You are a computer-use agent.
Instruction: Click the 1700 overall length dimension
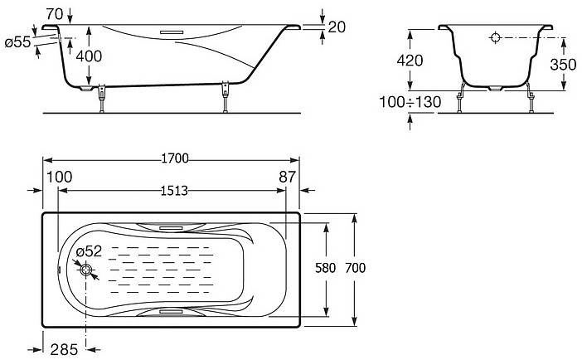pos(175,158)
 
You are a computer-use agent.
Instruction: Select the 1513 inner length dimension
pos(174,191)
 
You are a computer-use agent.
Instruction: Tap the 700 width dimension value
pos(355,268)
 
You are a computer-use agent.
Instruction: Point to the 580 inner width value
pos(326,268)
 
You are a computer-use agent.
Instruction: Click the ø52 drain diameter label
pos(89,251)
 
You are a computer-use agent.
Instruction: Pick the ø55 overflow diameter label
pos(17,42)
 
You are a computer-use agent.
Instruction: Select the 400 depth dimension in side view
pos(89,56)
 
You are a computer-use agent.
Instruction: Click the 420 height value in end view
pos(410,61)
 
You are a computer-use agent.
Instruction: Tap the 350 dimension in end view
pos(563,65)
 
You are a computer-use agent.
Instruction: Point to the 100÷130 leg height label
pos(410,101)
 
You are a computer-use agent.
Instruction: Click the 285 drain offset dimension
pos(64,349)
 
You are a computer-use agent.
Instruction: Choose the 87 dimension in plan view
pos(288,177)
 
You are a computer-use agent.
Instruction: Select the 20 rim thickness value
pos(337,27)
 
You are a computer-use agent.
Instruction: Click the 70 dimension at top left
pos(55,14)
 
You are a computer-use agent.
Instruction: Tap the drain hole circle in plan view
pos(86,270)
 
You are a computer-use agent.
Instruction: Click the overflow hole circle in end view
pos(496,37)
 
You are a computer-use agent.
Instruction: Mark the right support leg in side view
pos(225,96)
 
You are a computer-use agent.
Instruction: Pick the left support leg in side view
pos(102,98)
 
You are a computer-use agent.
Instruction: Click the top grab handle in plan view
pos(171,227)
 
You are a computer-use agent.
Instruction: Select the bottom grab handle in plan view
pos(171,311)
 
